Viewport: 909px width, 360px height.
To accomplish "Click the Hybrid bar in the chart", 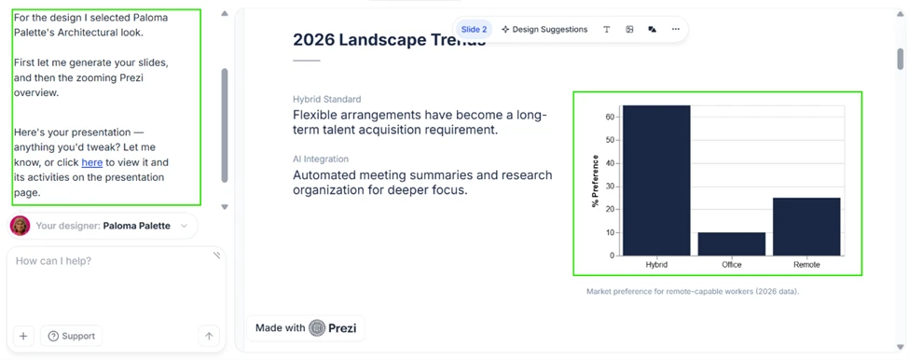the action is [x=656, y=180].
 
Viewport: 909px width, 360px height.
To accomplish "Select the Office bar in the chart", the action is [x=732, y=244].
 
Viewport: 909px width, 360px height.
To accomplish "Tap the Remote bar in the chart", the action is [x=806, y=227].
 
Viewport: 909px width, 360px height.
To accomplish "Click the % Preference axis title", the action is [x=596, y=181].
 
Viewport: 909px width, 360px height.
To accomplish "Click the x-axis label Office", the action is [x=732, y=265].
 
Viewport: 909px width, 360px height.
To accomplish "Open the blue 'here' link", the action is [x=91, y=162].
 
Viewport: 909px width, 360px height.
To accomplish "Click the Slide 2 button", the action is [x=474, y=29].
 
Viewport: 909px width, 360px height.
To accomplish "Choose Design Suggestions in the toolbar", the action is [x=544, y=29].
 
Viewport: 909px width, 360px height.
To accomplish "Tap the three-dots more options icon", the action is [x=675, y=29].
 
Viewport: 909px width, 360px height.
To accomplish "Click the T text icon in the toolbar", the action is [x=606, y=29].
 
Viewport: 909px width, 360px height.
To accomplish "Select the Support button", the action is [x=71, y=337].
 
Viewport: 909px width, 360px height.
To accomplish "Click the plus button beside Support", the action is [x=23, y=337].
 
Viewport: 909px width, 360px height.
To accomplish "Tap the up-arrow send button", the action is [x=209, y=337].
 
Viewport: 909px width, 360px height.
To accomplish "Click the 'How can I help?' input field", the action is [x=116, y=284].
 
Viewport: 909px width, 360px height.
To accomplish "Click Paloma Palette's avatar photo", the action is [x=21, y=226].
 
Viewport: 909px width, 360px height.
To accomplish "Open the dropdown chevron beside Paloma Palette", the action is [x=184, y=226].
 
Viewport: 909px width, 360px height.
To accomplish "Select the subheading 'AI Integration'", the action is [x=321, y=159].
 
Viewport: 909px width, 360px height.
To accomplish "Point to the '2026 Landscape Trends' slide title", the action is [x=389, y=40].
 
